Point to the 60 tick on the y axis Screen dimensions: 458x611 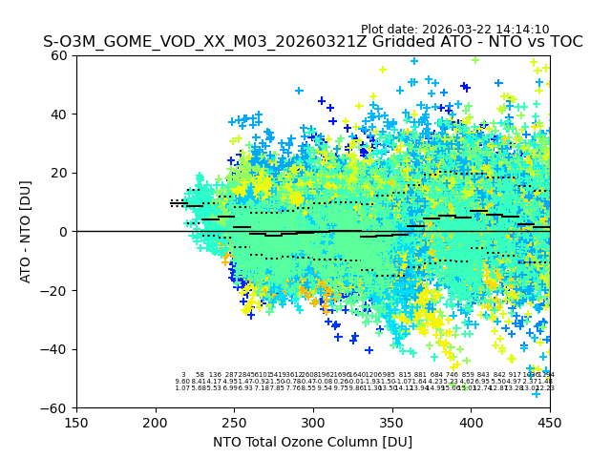click(x=61, y=55)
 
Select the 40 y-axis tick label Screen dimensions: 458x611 click(x=61, y=114)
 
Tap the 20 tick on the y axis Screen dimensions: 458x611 click(x=61, y=173)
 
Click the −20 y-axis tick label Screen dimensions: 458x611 click(x=57, y=290)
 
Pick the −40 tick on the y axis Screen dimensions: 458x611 click(x=57, y=349)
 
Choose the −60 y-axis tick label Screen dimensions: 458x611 click(x=57, y=407)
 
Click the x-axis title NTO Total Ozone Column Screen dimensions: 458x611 click(x=312, y=442)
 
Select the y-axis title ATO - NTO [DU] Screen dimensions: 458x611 click(x=26, y=231)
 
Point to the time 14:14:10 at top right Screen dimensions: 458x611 click(x=522, y=30)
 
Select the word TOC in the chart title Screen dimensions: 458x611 click(x=563, y=42)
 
